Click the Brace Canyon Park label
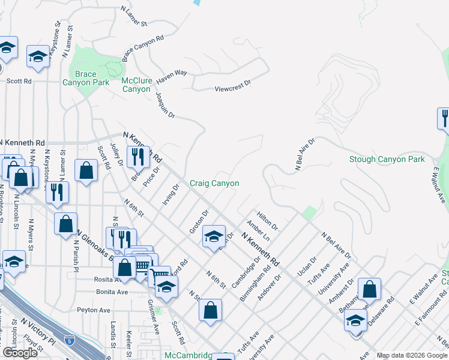78,79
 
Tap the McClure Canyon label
136,85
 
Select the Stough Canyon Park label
387,159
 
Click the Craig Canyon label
214,183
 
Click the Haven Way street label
172,76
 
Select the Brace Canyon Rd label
143,48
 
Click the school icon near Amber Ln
214,236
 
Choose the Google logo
20,352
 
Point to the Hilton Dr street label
267,220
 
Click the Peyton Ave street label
94,310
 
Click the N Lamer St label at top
134,16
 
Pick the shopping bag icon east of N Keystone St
86,170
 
